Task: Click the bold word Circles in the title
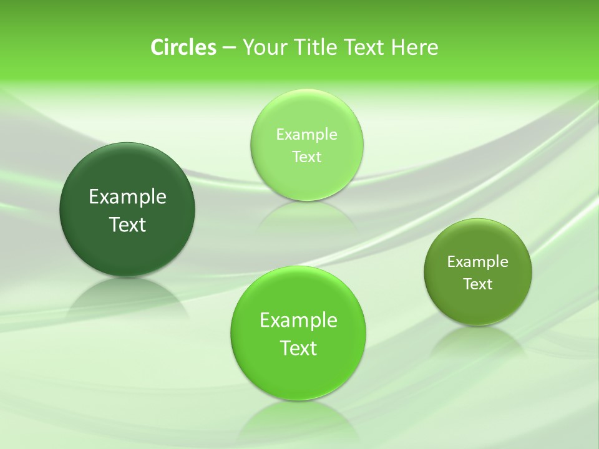[x=183, y=47]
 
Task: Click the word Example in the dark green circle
[x=127, y=197]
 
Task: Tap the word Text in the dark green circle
[x=127, y=224]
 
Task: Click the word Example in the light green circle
[x=307, y=135]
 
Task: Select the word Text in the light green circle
[x=307, y=157]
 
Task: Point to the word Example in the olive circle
[x=478, y=262]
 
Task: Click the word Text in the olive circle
[x=478, y=284]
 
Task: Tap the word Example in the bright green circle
[x=298, y=321]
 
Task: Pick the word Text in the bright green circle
[x=298, y=348]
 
